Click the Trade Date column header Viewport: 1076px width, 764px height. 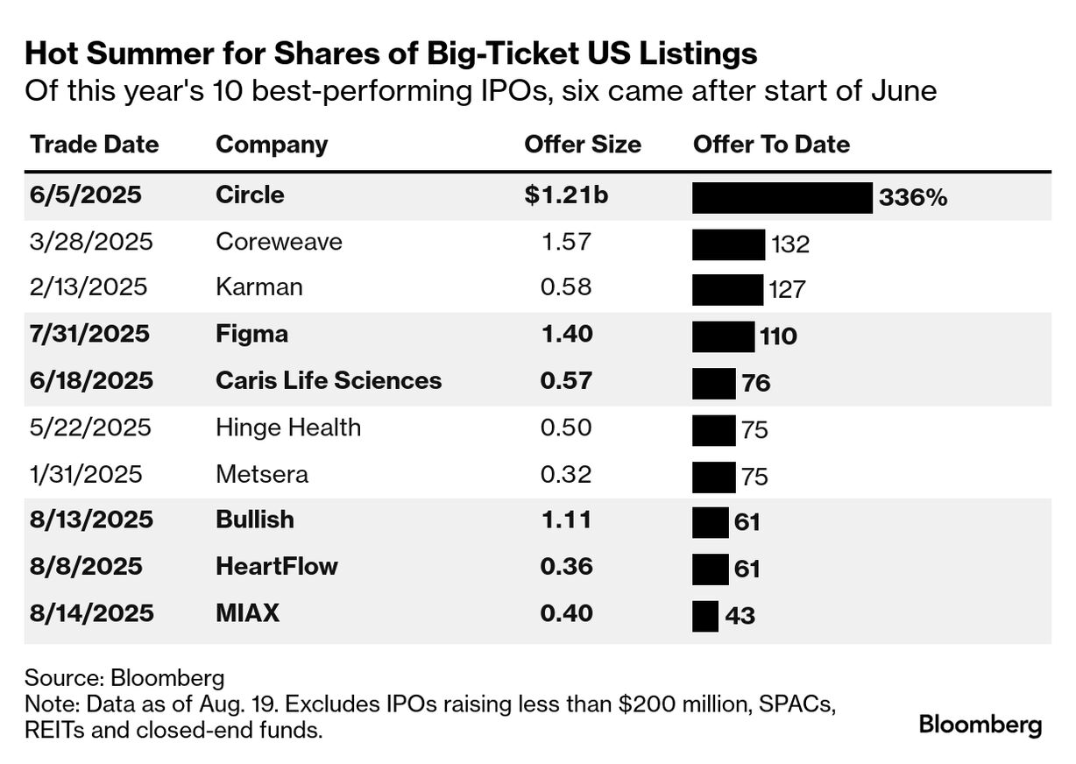click(x=95, y=145)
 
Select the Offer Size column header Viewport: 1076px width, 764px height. click(x=583, y=145)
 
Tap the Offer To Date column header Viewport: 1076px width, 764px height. click(x=771, y=145)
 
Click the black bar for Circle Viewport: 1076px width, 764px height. click(x=782, y=197)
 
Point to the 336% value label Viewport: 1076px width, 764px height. click(x=913, y=198)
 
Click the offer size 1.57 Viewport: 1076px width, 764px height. click(x=566, y=242)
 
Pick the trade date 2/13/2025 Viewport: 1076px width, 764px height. click(x=88, y=288)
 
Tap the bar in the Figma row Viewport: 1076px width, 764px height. click(x=723, y=336)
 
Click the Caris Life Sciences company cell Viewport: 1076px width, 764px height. click(x=329, y=381)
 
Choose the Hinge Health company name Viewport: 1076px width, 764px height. click(x=288, y=428)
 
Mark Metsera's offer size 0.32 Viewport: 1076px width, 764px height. click(x=566, y=474)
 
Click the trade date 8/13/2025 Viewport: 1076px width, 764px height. click(x=91, y=520)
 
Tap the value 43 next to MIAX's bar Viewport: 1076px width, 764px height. click(x=740, y=616)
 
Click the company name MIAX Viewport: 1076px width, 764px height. click(x=247, y=613)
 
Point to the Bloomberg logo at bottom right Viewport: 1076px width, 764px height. click(x=980, y=725)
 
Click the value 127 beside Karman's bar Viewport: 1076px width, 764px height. click(x=787, y=289)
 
